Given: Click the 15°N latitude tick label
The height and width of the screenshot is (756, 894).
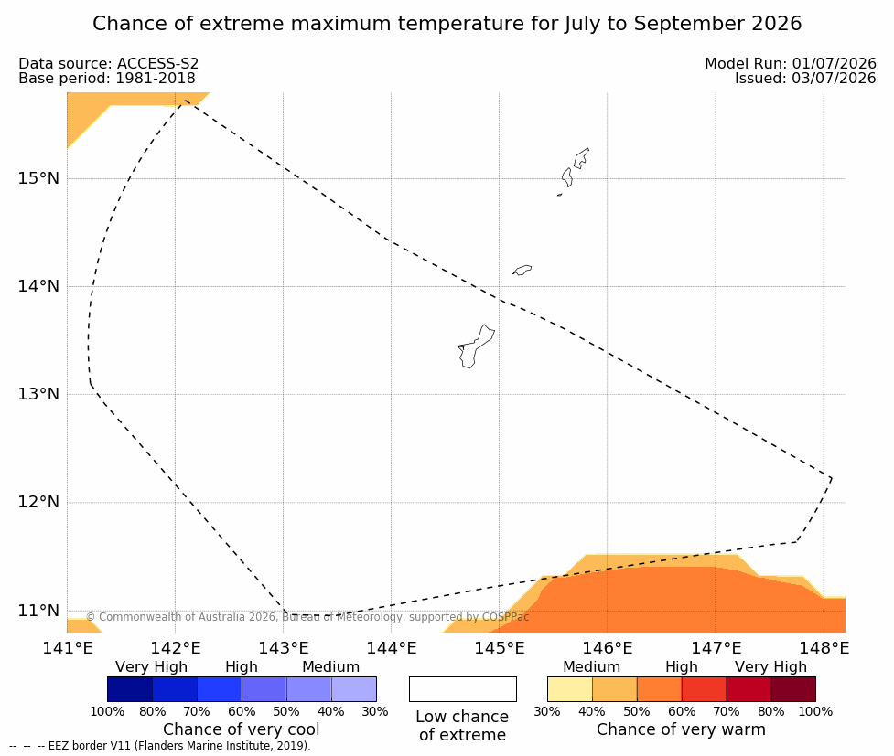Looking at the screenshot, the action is coord(38,178).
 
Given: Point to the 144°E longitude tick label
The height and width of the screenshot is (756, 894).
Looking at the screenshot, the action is coord(392,648).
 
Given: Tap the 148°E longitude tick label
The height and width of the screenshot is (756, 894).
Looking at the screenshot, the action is coord(824,648).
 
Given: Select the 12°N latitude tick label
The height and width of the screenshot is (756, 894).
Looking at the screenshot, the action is coord(38,502).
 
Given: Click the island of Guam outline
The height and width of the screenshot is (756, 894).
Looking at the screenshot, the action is coord(476,346).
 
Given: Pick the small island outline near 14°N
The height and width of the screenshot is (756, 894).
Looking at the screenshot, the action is coord(522,270).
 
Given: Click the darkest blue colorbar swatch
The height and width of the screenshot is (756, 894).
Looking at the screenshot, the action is coord(130,689).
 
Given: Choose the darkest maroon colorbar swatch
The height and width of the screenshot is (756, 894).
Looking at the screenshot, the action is coord(793,689).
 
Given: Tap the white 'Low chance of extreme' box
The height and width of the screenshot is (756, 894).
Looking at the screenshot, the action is coord(463,689).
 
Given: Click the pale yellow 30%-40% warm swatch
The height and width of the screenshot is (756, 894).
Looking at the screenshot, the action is coord(569,689).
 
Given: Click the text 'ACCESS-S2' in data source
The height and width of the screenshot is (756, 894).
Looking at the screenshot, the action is coord(158,64).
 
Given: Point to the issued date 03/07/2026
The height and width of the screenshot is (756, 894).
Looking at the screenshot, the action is coord(834,79).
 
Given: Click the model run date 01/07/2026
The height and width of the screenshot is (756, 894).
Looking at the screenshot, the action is coord(834,64).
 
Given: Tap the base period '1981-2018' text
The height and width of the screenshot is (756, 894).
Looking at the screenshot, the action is coord(156,79).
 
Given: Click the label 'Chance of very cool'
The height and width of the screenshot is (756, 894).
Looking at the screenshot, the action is coord(242,729).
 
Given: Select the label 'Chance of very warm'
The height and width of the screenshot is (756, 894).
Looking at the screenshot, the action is coord(682,729).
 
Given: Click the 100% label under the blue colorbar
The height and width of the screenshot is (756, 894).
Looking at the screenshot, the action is coord(107,711).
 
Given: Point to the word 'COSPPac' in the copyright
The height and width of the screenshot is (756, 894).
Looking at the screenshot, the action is coord(506,617).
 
